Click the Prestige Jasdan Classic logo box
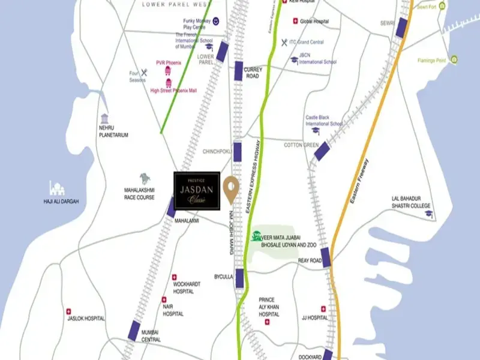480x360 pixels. click(197, 191)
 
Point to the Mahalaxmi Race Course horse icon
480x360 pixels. click(145, 178)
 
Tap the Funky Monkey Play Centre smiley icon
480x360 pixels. click(215, 22)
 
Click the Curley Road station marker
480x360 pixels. click(239, 70)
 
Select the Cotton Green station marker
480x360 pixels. click(321, 150)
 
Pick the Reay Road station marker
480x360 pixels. click(326, 256)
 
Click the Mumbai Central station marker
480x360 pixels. click(134, 329)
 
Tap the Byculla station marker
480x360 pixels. click(239, 277)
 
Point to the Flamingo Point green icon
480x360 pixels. click(455, 59)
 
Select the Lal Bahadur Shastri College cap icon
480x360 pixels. click(428, 213)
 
